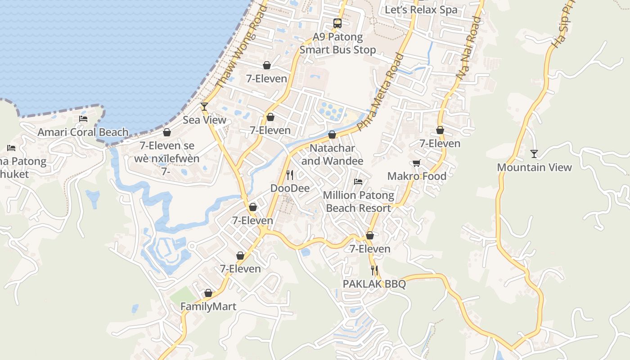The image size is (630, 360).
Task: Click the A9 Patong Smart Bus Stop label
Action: (x=337, y=43)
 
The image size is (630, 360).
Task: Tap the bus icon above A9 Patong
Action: (x=337, y=23)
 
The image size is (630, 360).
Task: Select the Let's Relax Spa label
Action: (x=421, y=9)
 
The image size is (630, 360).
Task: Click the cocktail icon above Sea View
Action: (x=204, y=107)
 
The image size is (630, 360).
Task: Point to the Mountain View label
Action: (x=534, y=167)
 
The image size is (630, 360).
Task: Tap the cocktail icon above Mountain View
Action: (x=534, y=154)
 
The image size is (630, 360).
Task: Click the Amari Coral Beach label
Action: (x=83, y=132)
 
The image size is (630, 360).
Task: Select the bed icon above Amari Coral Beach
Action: (x=83, y=119)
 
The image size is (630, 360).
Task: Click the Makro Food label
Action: (x=417, y=176)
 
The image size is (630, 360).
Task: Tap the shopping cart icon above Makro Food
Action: (x=417, y=163)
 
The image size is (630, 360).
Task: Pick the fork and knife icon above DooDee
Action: (x=290, y=175)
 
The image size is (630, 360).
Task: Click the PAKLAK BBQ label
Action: (x=374, y=284)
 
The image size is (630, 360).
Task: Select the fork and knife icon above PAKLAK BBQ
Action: (x=374, y=270)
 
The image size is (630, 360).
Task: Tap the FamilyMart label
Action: (x=208, y=307)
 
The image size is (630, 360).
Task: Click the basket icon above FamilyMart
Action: (x=208, y=293)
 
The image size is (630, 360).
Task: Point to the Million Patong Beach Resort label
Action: (x=358, y=202)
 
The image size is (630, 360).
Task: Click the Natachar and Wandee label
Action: (x=332, y=154)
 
